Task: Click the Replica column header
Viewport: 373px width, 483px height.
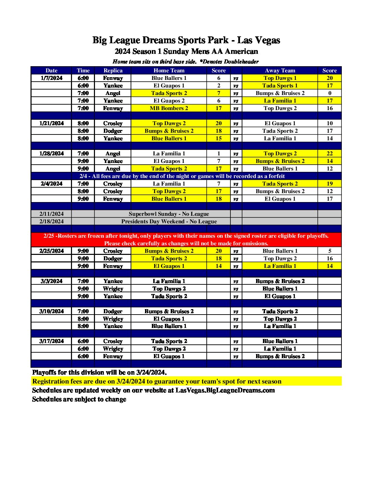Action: pyautogui.click(x=113, y=70)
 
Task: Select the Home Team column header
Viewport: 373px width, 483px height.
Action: pyautogui.click(x=169, y=70)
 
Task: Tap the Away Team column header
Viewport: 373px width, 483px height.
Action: pyautogui.click(x=280, y=70)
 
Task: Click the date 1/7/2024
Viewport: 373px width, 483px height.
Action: pyautogui.click(x=51, y=78)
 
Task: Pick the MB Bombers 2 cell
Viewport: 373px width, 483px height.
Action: pyautogui.click(x=169, y=108)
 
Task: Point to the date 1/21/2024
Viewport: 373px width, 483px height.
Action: pyautogui.click(x=51, y=123)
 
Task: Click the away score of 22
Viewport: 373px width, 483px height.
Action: pyautogui.click(x=329, y=153)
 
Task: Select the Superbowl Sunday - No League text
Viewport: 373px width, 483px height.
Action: pyautogui.click(x=169, y=214)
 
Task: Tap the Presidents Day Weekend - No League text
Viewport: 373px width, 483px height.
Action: pyautogui.click(x=169, y=221)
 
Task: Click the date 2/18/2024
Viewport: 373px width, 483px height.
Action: pyautogui.click(x=51, y=221)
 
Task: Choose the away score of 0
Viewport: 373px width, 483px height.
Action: pyautogui.click(x=329, y=93)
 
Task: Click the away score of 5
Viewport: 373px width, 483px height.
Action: pyautogui.click(x=329, y=251)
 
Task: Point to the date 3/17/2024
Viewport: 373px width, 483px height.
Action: pyautogui.click(x=51, y=341)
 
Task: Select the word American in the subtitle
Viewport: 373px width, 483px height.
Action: pyautogui.click(x=242, y=51)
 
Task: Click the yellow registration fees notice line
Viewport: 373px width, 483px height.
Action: pyautogui.click(x=157, y=381)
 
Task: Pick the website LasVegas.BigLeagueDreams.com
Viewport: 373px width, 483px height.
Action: pyautogui.click(x=225, y=390)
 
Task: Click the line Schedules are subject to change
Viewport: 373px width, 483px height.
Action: pyautogui.click(x=79, y=399)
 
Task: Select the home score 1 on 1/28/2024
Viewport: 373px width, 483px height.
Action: pyautogui.click(x=219, y=153)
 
